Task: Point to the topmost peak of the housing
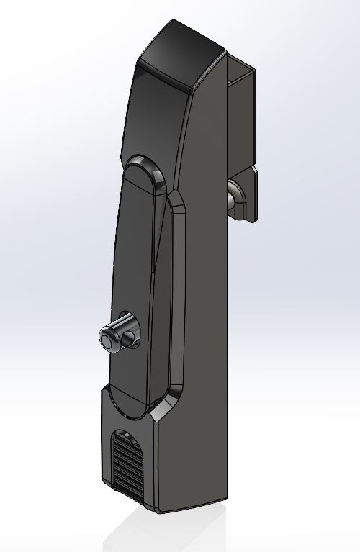click(173, 20)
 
